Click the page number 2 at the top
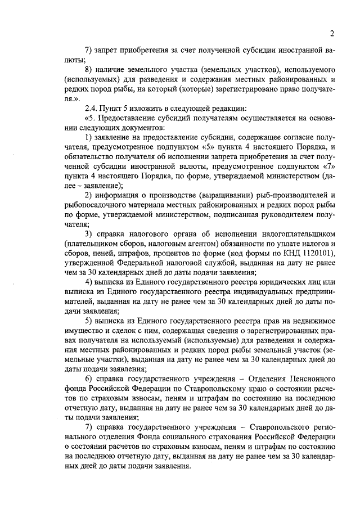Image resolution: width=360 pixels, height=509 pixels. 332,33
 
